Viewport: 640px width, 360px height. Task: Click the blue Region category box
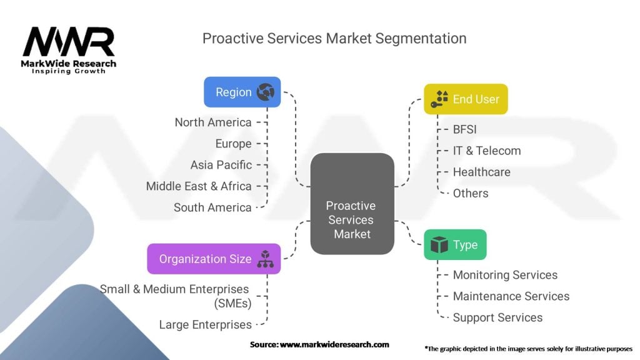click(242, 92)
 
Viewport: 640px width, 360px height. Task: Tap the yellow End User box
click(466, 99)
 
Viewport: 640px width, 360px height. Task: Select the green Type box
click(455, 244)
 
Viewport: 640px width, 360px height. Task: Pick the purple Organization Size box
click(214, 259)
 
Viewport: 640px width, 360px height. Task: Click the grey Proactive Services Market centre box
click(352, 204)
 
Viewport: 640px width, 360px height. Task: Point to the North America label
click(213, 122)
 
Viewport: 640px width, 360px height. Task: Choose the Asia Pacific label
click(221, 165)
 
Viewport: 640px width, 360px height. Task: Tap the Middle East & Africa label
click(199, 186)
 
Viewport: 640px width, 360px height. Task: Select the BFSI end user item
click(465, 129)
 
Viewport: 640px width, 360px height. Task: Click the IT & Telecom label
click(487, 151)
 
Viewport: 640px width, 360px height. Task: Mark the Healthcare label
click(482, 172)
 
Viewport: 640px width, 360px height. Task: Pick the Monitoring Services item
click(505, 275)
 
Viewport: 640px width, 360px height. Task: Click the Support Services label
click(498, 317)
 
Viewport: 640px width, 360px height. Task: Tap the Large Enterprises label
click(205, 325)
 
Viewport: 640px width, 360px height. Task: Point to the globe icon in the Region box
click(265, 92)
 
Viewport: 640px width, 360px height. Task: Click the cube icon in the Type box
click(439, 244)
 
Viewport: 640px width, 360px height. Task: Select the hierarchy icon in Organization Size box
click(265, 259)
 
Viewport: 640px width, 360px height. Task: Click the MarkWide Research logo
click(69, 51)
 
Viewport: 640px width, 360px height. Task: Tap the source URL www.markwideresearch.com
click(334, 344)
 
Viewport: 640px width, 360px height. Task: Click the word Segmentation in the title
click(421, 39)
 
